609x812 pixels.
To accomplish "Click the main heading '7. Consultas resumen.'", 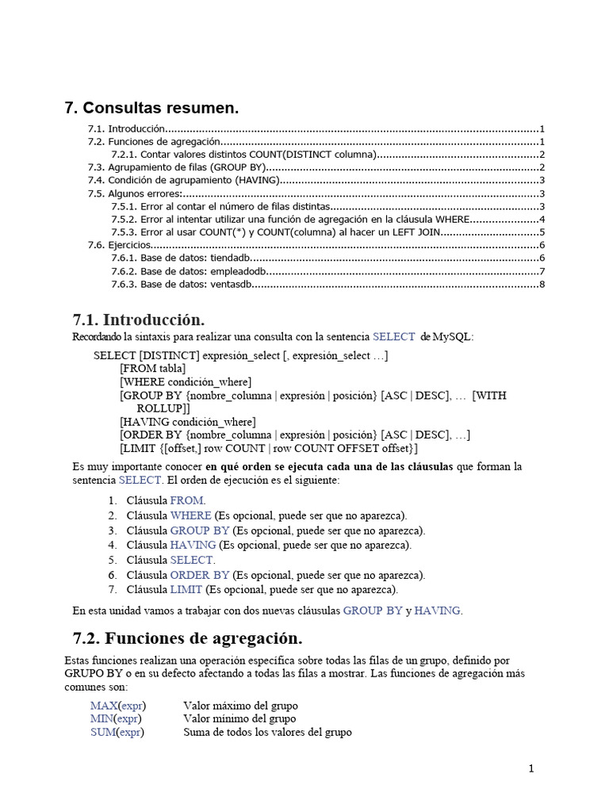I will tap(151, 108).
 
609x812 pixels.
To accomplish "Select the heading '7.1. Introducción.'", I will tap(139, 320).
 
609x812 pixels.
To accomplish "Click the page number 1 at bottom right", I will tap(531, 768).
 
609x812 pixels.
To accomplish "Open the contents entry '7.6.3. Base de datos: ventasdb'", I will tap(182, 285).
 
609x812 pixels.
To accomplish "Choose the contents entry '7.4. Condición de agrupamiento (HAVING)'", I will tap(183, 181).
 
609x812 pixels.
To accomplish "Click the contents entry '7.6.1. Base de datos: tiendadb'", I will tap(182, 259).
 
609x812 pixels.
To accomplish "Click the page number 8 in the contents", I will tap(541, 285).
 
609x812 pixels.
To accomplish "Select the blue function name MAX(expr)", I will tap(118, 705).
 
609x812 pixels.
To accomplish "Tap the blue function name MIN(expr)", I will tap(117, 718).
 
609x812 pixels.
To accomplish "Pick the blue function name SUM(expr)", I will tap(117, 732).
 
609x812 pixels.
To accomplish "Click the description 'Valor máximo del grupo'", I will tap(240, 705).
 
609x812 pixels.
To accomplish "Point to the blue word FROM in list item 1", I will tap(186, 500).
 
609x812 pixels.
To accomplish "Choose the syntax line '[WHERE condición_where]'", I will tap(186, 382).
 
